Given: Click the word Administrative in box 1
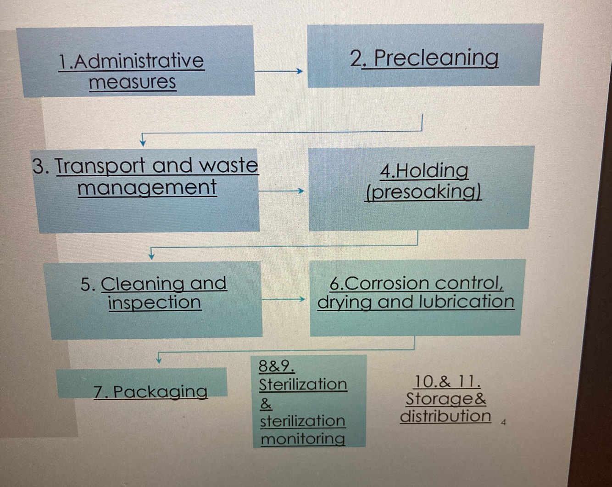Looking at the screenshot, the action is click(x=138, y=61).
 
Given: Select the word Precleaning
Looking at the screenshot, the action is click(x=436, y=58).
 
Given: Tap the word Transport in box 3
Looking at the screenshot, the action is click(x=100, y=166).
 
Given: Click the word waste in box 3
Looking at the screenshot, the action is click(x=229, y=165).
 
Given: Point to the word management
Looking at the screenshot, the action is click(x=147, y=188).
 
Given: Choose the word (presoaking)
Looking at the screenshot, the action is click(x=423, y=192).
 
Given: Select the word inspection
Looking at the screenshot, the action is click(x=155, y=302).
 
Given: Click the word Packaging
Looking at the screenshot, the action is click(x=160, y=392).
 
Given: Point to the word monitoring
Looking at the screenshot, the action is click(x=303, y=439).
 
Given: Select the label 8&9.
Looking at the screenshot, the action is click(x=276, y=366).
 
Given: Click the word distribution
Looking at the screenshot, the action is click(x=445, y=416).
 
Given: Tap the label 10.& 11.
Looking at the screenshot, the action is click(x=447, y=381).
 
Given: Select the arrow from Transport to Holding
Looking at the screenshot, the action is click(x=281, y=190).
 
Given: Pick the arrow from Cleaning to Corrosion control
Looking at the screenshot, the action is click(x=283, y=299).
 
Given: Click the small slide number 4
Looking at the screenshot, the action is click(x=503, y=422).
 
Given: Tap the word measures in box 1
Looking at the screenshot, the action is click(x=132, y=83).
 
